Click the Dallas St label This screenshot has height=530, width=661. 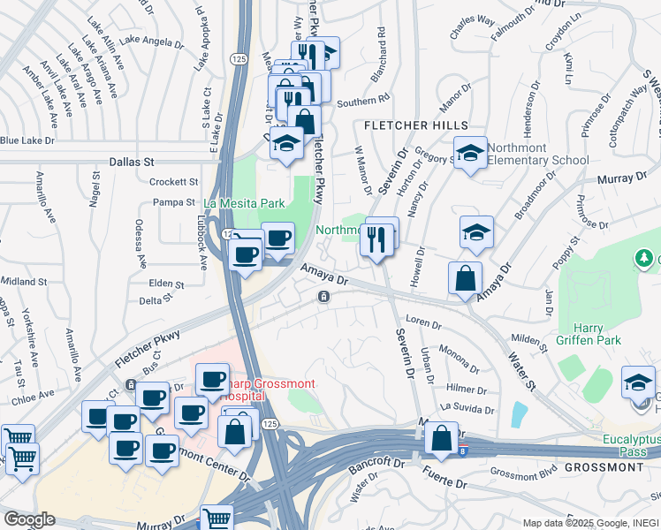(x=132, y=163)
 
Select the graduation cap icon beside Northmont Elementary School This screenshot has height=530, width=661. (x=471, y=151)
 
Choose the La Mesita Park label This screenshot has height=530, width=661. (x=245, y=203)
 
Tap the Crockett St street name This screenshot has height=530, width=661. (x=174, y=182)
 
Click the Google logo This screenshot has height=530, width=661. (x=29, y=519)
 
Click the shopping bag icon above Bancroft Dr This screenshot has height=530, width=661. (x=441, y=437)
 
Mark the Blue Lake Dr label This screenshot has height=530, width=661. (x=27, y=140)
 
